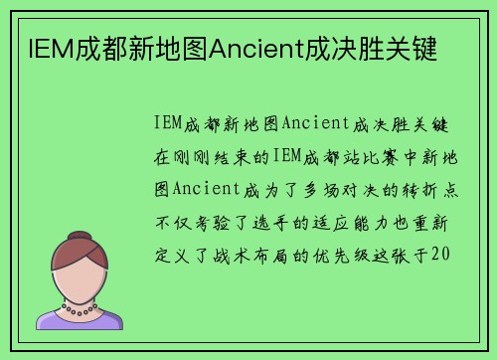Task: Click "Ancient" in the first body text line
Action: [x=313, y=123]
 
